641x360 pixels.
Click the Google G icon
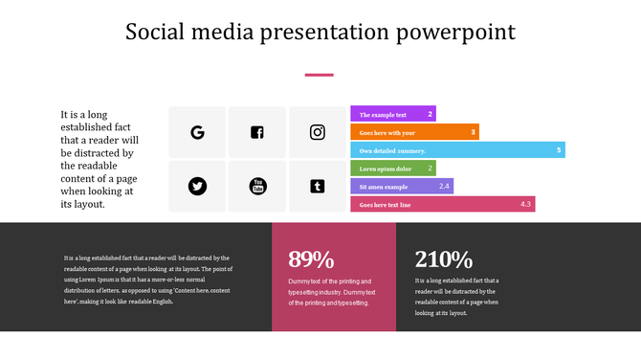197,132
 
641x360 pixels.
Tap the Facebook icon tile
257,132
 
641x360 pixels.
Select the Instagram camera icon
318,132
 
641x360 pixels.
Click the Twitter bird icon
197,186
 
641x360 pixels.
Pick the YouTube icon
257,186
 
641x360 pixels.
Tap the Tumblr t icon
318,186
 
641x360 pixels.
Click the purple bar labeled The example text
392,114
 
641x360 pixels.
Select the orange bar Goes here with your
413,132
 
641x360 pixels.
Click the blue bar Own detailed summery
456,150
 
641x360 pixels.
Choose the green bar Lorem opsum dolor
392,169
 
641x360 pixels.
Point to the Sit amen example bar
401,186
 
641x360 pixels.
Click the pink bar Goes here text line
442,204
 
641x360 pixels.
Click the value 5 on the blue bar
559,150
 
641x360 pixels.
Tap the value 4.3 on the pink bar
525,204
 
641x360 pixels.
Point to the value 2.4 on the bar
444,186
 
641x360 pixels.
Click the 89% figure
311,259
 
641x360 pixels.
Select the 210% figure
444,259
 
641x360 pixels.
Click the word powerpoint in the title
455,33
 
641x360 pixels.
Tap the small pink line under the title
319,75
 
